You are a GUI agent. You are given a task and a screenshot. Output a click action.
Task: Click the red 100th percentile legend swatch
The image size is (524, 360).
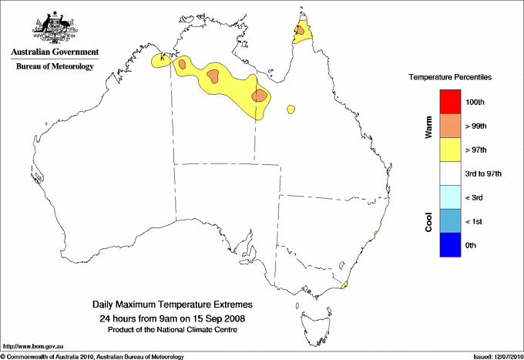point(449,102)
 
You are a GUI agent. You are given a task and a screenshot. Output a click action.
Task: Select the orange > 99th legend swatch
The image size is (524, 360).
point(449,126)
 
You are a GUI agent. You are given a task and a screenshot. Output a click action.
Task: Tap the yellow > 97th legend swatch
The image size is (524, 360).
point(449,150)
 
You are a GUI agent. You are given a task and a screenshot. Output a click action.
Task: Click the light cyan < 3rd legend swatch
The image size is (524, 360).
point(449,197)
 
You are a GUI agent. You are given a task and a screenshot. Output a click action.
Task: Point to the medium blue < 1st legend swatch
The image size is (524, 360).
point(449,221)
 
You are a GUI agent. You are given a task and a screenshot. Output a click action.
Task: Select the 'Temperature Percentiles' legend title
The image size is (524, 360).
point(450,78)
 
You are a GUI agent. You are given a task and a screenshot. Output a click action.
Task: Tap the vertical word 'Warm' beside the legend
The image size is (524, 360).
point(429,126)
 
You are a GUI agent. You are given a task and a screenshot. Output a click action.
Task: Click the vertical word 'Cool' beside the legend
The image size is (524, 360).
point(429,221)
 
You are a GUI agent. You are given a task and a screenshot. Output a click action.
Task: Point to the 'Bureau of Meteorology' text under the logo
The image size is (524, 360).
point(55,67)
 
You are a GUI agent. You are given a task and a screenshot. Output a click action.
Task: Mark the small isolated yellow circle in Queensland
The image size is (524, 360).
point(291,110)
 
